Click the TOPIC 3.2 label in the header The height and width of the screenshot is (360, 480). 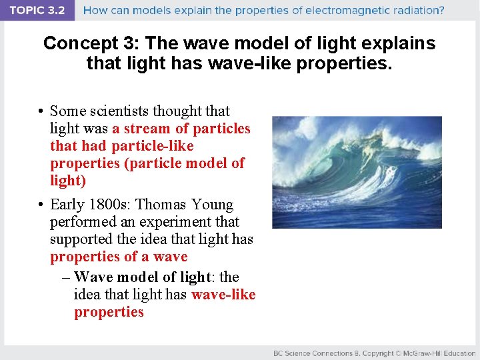point(37,11)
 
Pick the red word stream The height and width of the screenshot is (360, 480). point(147,129)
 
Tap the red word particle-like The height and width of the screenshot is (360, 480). point(153,146)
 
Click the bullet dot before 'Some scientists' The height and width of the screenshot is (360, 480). point(41,111)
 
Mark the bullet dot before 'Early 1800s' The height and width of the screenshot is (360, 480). point(41,205)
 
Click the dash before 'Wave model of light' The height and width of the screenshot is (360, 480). point(66,277)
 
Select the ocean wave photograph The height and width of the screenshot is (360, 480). point(357,172)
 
